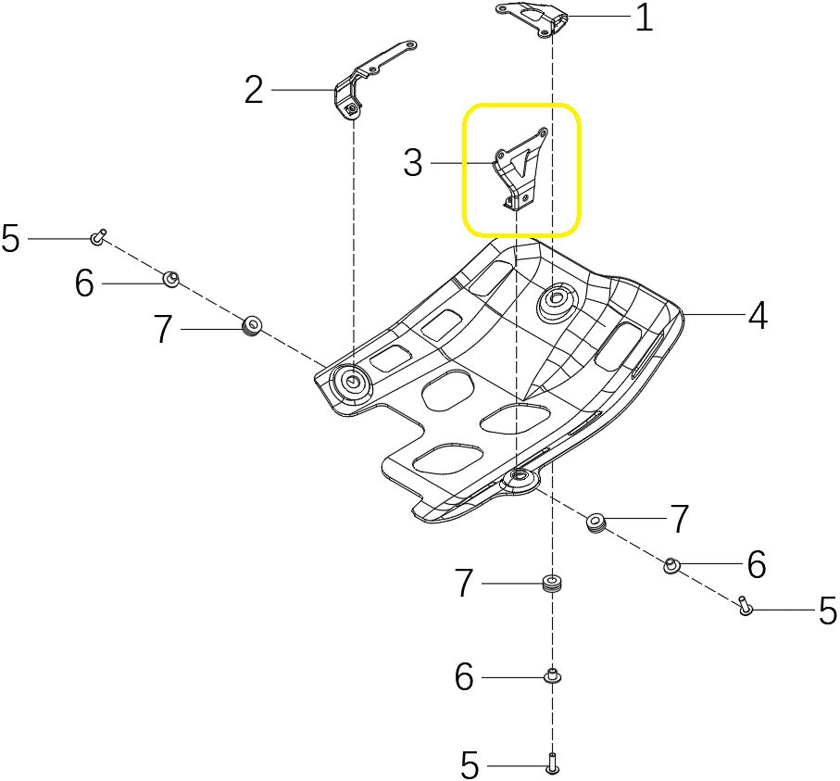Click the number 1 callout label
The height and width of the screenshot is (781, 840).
click(643, 19)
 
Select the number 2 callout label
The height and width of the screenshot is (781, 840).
click(254, 90)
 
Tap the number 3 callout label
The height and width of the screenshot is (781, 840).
click(413, 164)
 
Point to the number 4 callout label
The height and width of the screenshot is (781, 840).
click(758, 317)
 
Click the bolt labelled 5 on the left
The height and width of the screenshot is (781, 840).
click(98, 238)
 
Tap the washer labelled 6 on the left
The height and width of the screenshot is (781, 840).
click(170, 278)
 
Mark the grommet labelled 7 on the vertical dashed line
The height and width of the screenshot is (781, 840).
click(552, 584)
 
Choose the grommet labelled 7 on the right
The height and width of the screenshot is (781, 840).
click(596, 523)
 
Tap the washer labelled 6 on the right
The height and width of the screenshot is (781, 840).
click(671, 564)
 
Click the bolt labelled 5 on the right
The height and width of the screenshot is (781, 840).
click(745, 607)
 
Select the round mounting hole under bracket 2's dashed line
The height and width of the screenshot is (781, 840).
click(352, 381)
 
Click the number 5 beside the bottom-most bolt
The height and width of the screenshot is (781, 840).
click(470, 766)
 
